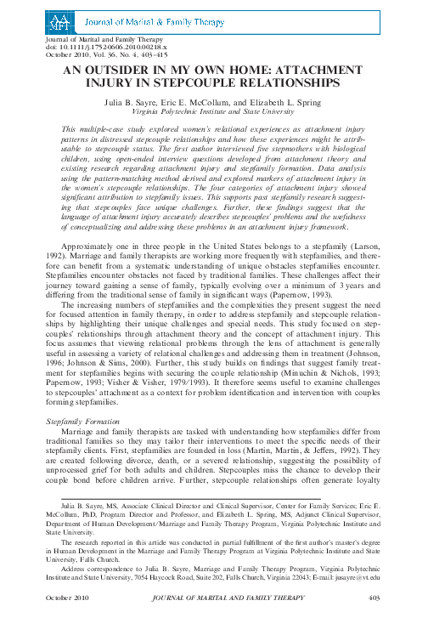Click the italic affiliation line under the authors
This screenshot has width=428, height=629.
213,111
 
